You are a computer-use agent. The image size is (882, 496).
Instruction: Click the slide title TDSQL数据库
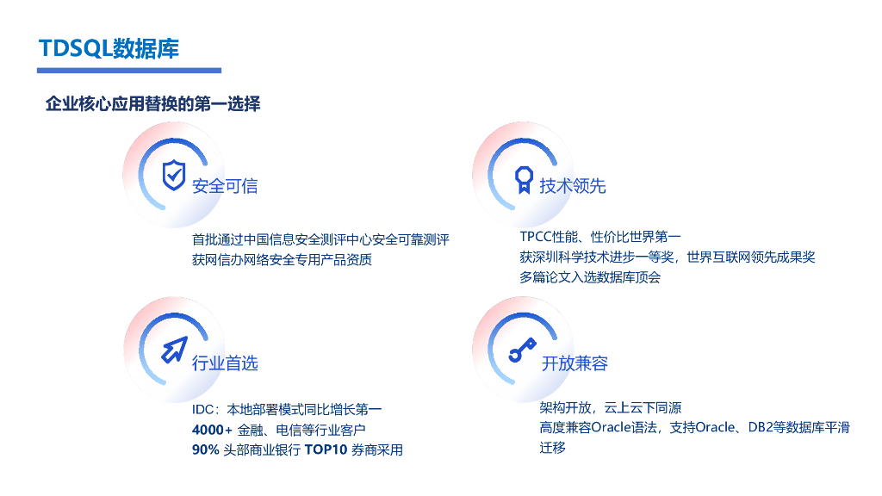pos(109,48)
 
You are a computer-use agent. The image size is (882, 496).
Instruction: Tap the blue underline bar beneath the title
pos(129,71)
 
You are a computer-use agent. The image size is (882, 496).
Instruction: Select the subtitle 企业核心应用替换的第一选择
pos(152,103)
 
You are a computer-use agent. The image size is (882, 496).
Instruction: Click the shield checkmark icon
pos(174,175)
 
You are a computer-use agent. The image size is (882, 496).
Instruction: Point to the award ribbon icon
pos(524,180)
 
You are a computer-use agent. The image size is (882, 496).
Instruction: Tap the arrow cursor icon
pos(174,350)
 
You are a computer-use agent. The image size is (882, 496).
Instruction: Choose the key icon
pos(523,350)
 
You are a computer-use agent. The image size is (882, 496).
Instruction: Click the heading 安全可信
pos(225,186)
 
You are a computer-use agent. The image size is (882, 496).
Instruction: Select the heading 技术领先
pos(573,186)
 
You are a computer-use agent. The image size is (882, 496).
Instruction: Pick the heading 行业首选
pos(225,363)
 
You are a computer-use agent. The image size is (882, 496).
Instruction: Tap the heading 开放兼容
pos(575,363)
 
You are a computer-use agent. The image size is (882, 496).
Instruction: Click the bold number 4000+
pos(212,431)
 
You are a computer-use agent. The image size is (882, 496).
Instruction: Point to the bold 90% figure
pos(205,449)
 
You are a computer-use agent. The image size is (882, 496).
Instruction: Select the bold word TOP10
pos(326,449)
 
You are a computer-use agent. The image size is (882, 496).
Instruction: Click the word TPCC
pos(536,237)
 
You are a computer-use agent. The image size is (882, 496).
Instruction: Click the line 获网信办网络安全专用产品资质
pos(282,260)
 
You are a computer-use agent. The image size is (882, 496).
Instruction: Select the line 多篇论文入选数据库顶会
pos(590,277)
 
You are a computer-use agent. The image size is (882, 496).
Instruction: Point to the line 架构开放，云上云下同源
pos(611,407)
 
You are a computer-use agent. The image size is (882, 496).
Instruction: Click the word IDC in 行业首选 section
pos(202,410)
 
